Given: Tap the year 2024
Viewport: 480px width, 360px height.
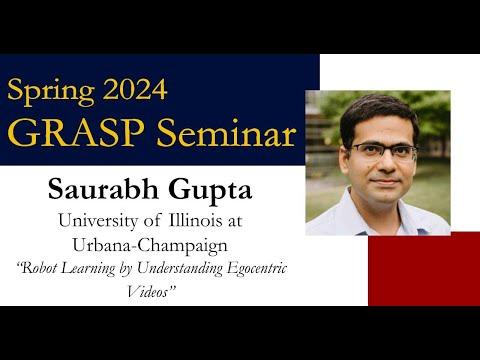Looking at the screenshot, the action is pos(135,89).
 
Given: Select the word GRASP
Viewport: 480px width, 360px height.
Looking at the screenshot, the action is pos(76,133).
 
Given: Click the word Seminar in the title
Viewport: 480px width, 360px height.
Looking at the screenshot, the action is pos(226,133).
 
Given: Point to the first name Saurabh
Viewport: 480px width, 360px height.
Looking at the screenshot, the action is pos(103,189).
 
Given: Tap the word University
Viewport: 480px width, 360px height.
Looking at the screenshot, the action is pos(98,222).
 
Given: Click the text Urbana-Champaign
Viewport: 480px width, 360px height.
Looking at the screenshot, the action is pos(150,246).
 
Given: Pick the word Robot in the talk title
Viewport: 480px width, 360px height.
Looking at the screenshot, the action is pos(38,268).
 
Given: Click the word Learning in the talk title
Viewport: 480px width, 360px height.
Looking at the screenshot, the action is pos(89,269).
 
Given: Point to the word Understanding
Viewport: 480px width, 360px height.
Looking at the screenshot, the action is pos(180,269).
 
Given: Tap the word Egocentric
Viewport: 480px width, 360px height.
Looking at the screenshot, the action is pos(256,269).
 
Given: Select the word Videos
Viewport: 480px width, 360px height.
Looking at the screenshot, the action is pos(150,292).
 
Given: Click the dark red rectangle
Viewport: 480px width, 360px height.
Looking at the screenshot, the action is pos(424,269).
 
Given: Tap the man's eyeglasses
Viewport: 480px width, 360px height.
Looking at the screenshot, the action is pos(382,152).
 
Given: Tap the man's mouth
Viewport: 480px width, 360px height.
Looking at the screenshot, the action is pos(386,182).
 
